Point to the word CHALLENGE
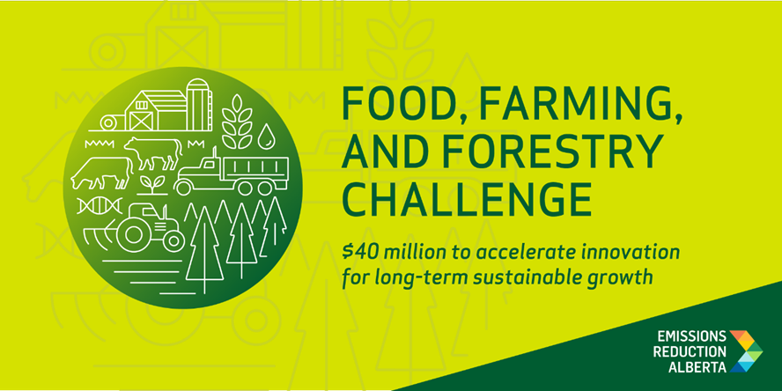pos(468,195)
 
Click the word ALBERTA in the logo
pos(697,367)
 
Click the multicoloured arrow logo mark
pos(746,351)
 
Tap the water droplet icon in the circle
pos(266,136)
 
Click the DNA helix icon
pos(100,205)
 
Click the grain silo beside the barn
pos(199,104)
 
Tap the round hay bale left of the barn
pos(108,122)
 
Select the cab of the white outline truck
pos(204,170)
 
